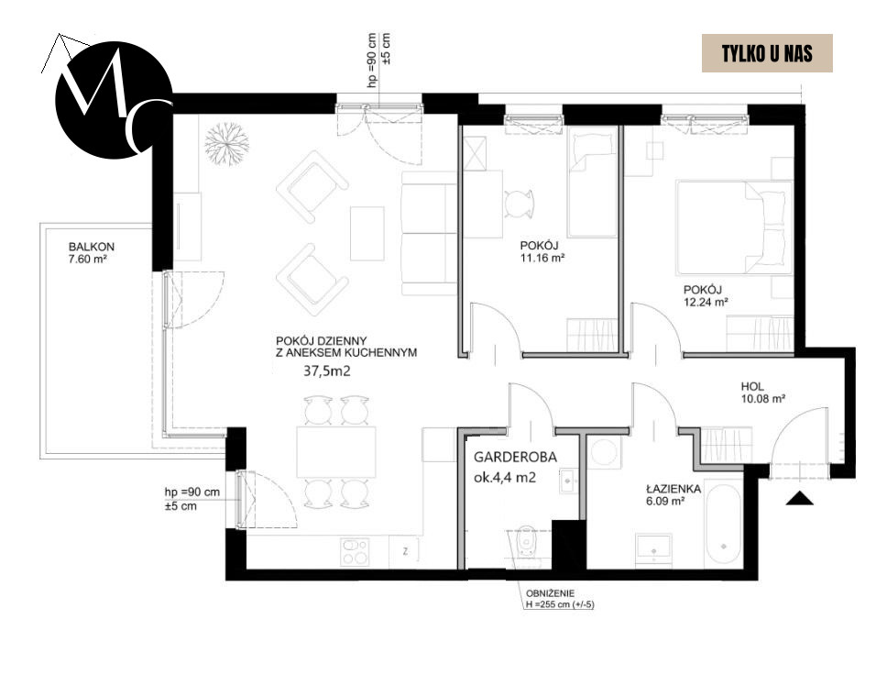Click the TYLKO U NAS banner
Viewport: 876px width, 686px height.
coord(766,53)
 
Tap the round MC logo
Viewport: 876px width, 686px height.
coord(112,99)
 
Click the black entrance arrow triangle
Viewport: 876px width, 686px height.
coord(800,498)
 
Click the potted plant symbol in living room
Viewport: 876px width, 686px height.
coord(225,142)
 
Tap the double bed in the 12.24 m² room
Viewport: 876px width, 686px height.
coord(732,227)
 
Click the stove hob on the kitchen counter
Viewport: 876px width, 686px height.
coord(355,549)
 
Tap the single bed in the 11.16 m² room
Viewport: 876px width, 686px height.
coord(592,183)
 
